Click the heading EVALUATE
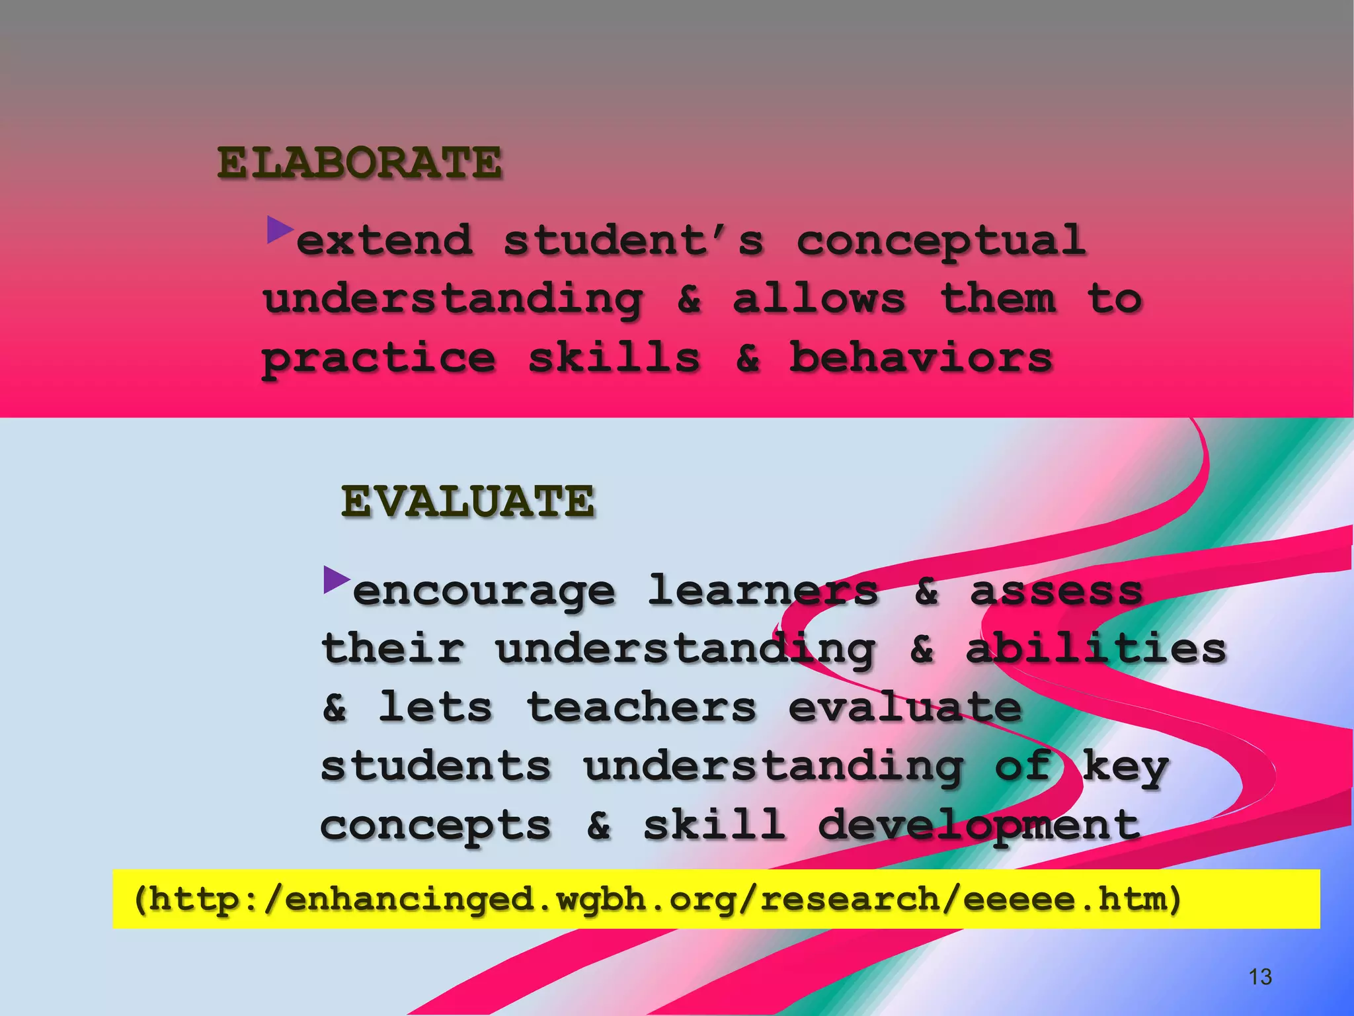point(468,501)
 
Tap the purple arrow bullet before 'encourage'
point(337,579)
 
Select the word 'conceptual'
point(941,241)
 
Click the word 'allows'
point(818,299)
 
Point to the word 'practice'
point(379,359)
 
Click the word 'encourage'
point(484,591)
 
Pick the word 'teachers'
point(641,707)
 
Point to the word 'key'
point(1125,767)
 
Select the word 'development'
point(978,826)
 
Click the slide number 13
point(1260,976)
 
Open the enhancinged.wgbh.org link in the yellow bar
point(657,899)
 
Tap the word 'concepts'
point(436,826)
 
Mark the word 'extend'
point(385,240)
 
